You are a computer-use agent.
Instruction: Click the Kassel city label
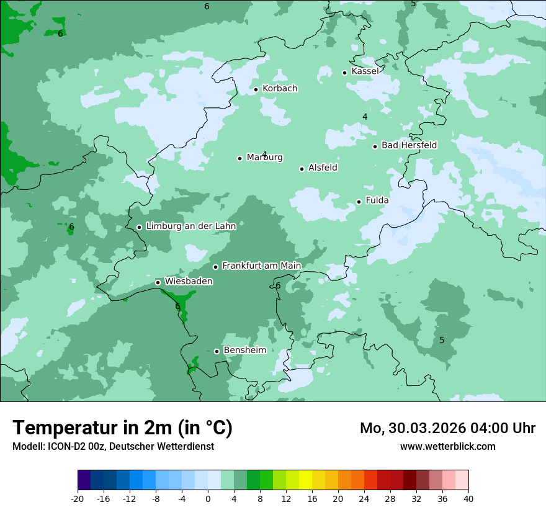[365, 71]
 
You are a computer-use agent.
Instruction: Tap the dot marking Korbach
[256, 89]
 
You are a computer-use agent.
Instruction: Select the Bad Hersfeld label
[409, 145]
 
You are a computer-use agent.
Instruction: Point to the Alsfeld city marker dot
[302, 169]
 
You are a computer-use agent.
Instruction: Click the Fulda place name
[377, 200]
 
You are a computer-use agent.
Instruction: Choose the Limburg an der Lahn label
[190, 226]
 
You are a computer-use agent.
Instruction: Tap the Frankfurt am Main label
[261, 266]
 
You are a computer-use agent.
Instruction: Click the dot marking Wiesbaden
[158, 282]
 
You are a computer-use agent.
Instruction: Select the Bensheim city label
[244, 350]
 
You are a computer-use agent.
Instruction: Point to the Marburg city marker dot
[239, 158]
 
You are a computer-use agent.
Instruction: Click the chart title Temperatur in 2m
[122, 428]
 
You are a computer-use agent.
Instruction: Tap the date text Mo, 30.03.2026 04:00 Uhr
[447, 428]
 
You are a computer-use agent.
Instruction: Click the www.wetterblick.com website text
[447, 446]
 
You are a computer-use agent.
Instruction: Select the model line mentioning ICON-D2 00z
[113, 446]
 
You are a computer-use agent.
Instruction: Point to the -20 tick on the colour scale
[78, 498]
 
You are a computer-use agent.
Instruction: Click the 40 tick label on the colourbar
[468, 498]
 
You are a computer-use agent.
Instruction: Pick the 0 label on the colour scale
[208, 498]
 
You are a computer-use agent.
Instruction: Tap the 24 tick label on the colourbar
[364, 498]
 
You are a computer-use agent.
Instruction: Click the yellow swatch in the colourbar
[305, 480]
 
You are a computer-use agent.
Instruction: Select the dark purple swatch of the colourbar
[84, 480]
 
